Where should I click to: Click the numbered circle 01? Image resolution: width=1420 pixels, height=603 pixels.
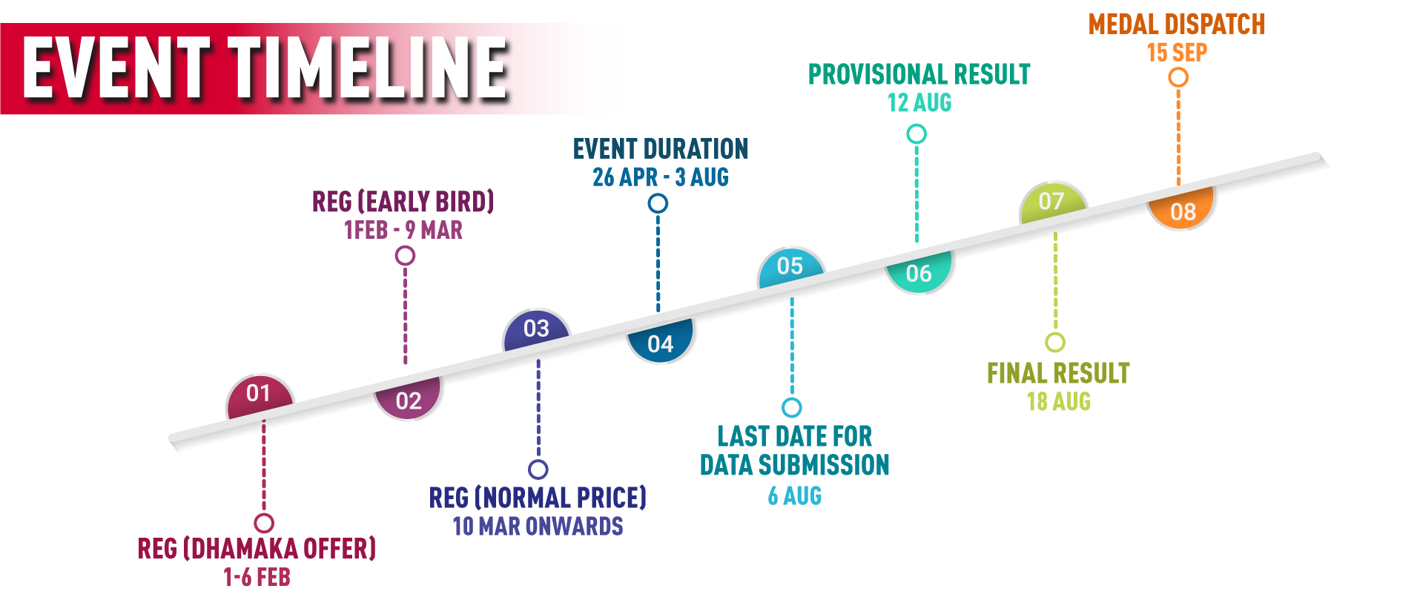pos(259,393)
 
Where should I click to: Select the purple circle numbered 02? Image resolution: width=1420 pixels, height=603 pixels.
pos(409,401)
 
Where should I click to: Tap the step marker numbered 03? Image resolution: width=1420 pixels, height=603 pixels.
pos(536,329)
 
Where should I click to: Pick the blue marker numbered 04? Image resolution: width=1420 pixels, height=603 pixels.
pos(660,343)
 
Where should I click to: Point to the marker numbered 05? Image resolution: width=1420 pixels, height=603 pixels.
pos(790,266)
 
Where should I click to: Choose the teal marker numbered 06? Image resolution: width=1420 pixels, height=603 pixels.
pos(919,273)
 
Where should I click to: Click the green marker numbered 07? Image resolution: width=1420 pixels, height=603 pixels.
pos(1051,201)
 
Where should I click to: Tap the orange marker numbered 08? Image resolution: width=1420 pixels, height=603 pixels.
pos(1183,211)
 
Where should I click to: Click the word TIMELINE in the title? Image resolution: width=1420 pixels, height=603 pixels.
pos(368,68)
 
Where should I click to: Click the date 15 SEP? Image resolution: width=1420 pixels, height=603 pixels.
pos(1177,53)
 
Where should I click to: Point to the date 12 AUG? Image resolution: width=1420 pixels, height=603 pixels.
pos(919,103)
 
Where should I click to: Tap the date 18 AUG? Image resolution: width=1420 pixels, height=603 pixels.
pos(1059,402)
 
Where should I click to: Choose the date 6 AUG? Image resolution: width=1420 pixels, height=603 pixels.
pos(795,495)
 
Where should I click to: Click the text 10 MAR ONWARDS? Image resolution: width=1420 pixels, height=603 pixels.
pos(538,527)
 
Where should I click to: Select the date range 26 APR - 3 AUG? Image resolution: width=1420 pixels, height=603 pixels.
pos(660,177)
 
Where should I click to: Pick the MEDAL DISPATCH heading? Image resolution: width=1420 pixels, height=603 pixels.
pos(1177,24)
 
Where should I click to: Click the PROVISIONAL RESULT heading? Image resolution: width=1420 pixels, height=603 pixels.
pos(919,74)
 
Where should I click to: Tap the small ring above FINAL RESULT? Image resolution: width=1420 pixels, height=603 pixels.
pos(1055,342)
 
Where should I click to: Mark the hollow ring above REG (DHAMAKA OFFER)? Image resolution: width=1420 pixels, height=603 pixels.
pos(263,523)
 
